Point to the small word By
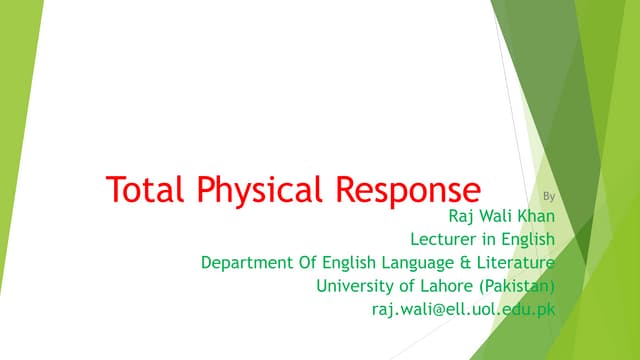click(x=546, y=196)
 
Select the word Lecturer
click(x=445, y=239)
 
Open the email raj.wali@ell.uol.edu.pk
click(x=462, y=310)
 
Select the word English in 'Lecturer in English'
click(x=526, y=240)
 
